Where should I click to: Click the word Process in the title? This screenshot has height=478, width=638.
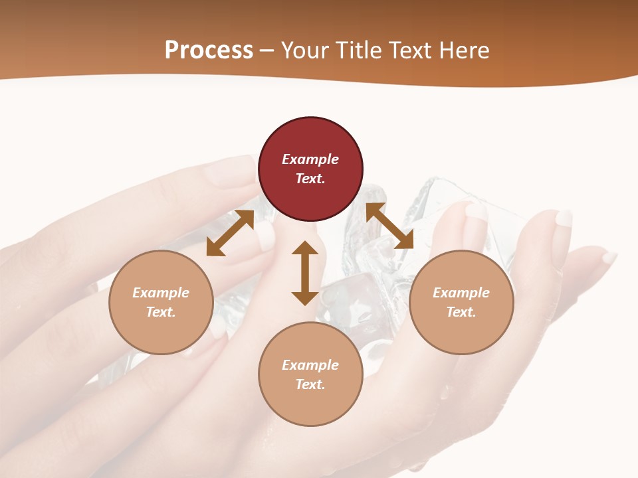pos(209,50)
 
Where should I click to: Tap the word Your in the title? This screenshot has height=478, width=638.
pos(305,50)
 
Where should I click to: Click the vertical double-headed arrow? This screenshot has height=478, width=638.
pos(305,273)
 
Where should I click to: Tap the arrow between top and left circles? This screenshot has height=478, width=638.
pos(230,233)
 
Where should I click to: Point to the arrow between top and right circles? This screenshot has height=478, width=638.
pos(389,226)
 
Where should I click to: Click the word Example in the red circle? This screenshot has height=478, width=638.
pos(310,159)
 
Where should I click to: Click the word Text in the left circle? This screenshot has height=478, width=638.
pos(161,312)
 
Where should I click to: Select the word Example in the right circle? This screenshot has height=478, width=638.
pos(461,293)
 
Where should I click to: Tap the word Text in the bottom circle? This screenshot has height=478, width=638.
pos(310,384)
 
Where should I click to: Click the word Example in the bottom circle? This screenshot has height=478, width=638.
pos(310,365)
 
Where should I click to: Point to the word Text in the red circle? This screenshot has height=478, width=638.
pos(310,179)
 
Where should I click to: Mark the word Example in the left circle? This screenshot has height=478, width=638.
pos(161,293)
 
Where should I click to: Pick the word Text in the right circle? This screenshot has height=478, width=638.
pos(461,312)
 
